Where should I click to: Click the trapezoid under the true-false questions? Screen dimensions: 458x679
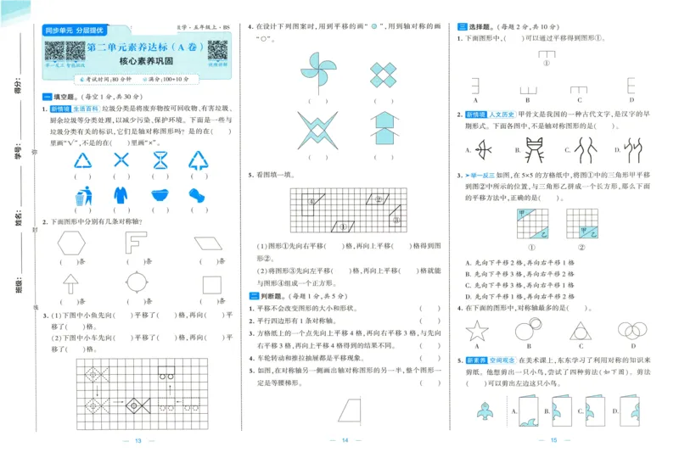346,411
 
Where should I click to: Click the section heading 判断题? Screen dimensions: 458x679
272,295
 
